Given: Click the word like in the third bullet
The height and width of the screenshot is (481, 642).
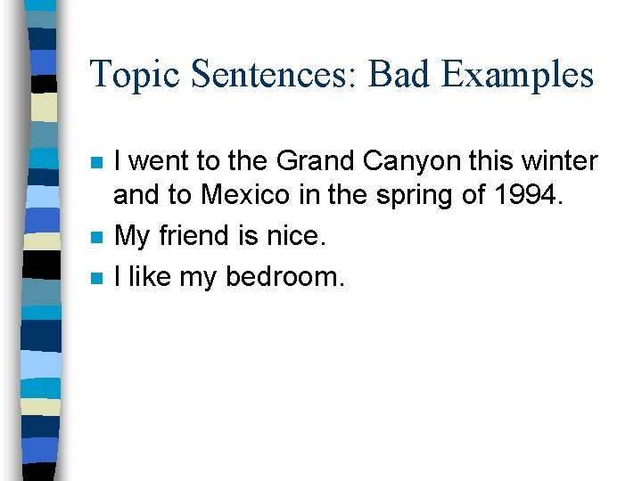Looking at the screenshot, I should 149,276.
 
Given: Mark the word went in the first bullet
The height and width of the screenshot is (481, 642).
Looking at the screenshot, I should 160,161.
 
